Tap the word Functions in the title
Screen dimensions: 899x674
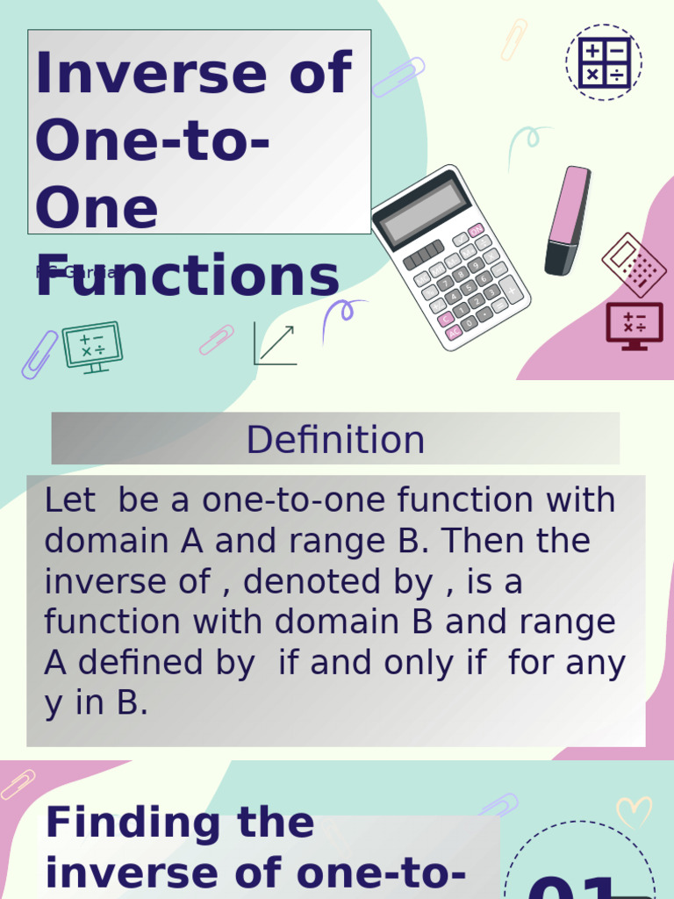187,276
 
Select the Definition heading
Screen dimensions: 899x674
335,440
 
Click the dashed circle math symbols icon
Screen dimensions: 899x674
604,62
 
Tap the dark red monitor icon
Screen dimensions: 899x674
635,326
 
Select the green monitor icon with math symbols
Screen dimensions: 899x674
92,346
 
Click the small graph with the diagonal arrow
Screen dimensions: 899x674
275,343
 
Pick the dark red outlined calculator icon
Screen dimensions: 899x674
634,264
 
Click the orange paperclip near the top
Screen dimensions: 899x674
513,40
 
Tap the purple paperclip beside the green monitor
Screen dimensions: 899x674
39,354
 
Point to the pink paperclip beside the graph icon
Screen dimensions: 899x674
216,340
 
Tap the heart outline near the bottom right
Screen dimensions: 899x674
634,812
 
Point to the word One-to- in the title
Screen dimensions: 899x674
152,140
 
